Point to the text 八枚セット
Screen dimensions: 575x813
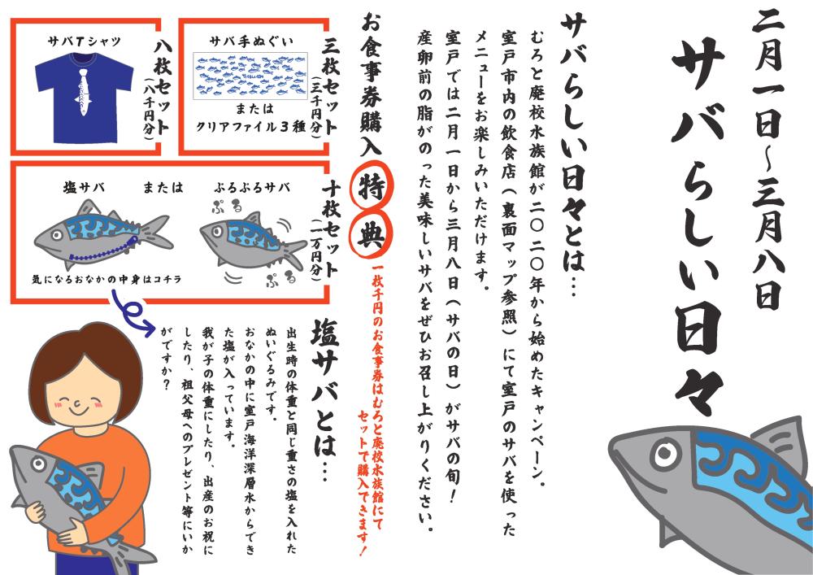[163, 89]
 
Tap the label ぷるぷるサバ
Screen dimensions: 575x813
[251, 188]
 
